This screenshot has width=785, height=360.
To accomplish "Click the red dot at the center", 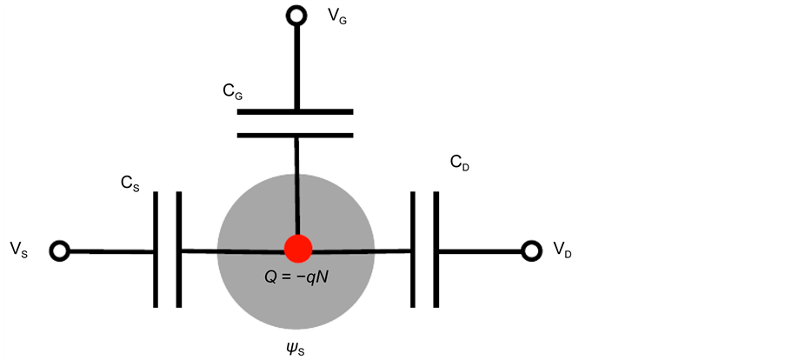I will tap(298, 248).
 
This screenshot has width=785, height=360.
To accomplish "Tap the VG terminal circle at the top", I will tap(297, 15).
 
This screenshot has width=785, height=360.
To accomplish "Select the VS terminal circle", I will tap(59, 251).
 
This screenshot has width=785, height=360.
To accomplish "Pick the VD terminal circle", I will tap(531, 251).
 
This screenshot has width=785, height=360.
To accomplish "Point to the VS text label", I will tap(18, 250).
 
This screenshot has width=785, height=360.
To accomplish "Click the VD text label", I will tap(562, 250).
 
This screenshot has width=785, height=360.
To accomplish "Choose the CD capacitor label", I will tap(460, 162).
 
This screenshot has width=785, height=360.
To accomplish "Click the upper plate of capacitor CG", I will tap(296, 111).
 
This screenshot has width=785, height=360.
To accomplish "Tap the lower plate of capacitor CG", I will tap(296, 135).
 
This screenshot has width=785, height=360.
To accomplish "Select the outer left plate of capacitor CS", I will tap(157, 250).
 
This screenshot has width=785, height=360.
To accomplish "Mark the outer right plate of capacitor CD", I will tap(436, 250).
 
